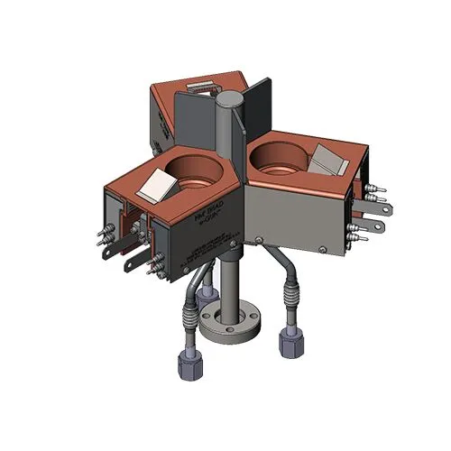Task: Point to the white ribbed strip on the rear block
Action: click(x=200, y=89)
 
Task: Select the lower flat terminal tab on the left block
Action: click(x=132, y=267)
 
